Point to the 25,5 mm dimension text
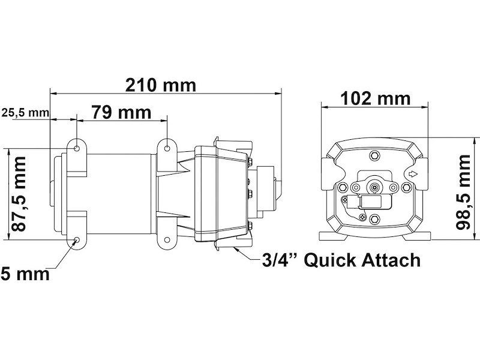point(25,112)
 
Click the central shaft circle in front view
point(376,187)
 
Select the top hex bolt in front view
point(376,155)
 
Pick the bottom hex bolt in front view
point(376,219)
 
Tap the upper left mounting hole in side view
point(77,146)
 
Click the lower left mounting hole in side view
point(77,241)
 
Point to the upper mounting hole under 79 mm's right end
point(166,146)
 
